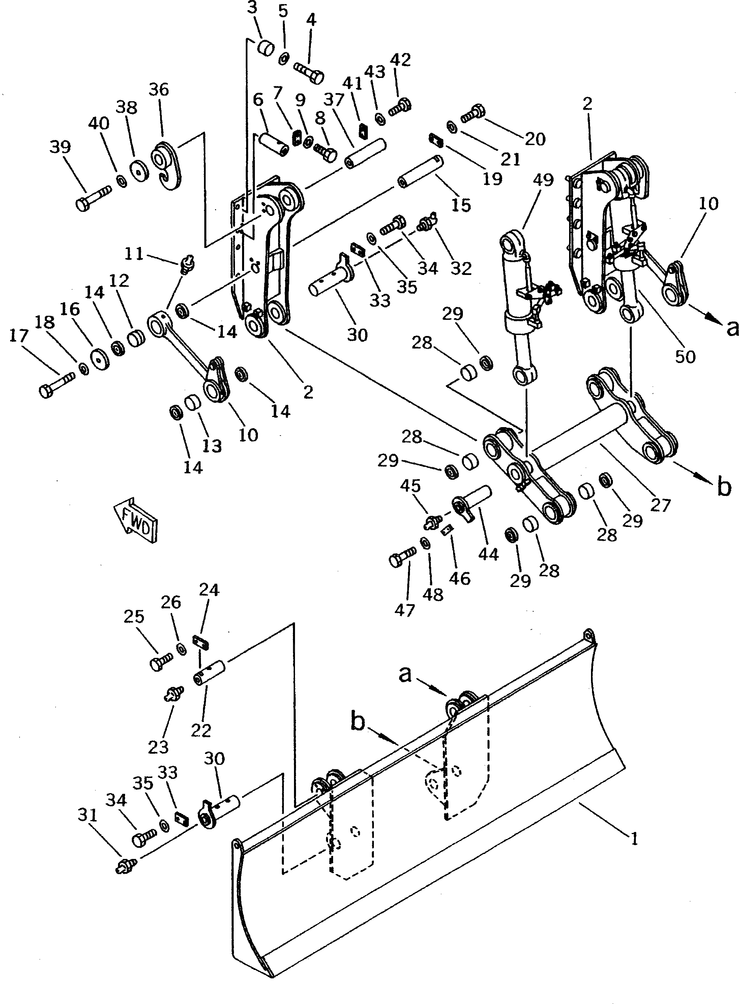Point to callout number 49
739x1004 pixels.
(543, 180)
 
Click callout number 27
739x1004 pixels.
(660, 505)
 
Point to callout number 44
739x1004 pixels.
(488, 554)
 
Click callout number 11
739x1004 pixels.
(134, 254)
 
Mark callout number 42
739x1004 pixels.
(401, 59)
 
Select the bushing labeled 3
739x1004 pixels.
(265, 47)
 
